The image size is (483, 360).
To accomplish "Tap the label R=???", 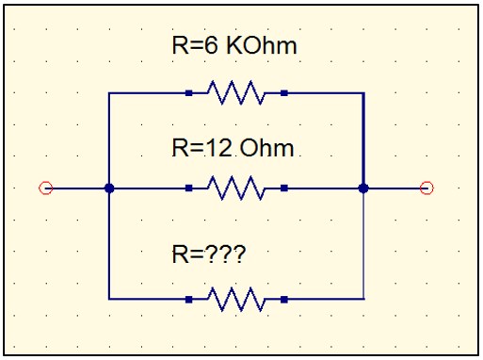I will [217, 253].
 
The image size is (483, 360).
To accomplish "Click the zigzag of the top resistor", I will [235, 93].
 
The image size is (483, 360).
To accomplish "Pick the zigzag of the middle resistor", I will [235, 188].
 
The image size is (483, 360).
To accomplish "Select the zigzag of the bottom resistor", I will [235, 299].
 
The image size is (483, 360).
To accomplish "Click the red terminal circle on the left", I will [45, 188].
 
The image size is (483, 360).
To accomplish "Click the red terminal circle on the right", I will [427, 188].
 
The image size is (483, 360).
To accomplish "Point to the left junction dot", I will [109, 188].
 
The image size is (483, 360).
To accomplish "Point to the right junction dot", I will [363, 188].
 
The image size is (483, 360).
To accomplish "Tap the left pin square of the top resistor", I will [189, 93].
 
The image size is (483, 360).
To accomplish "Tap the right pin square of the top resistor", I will [283, 93].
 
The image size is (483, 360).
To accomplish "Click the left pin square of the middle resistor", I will [189, 188].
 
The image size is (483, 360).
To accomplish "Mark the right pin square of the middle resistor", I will [283, 188].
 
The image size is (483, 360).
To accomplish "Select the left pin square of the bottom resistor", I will [189, 299].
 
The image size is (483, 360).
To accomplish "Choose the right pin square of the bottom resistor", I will [283, 299].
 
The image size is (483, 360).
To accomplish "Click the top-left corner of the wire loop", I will [109, 93].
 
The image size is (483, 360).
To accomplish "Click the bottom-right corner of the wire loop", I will [363, 299].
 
